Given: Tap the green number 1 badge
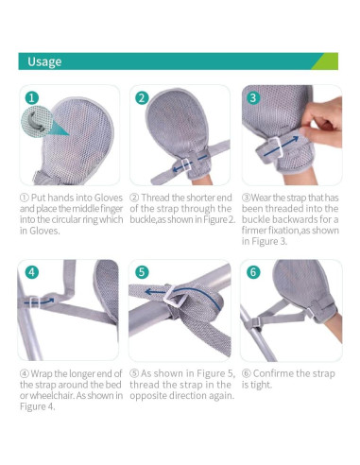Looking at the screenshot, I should point(32,97).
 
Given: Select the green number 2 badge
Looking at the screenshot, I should point(143,97).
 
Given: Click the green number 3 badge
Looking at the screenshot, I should point(253,97).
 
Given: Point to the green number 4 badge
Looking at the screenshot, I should point(32,272).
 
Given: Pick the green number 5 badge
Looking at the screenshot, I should point(143,272).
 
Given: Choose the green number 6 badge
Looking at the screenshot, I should point(253,272).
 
